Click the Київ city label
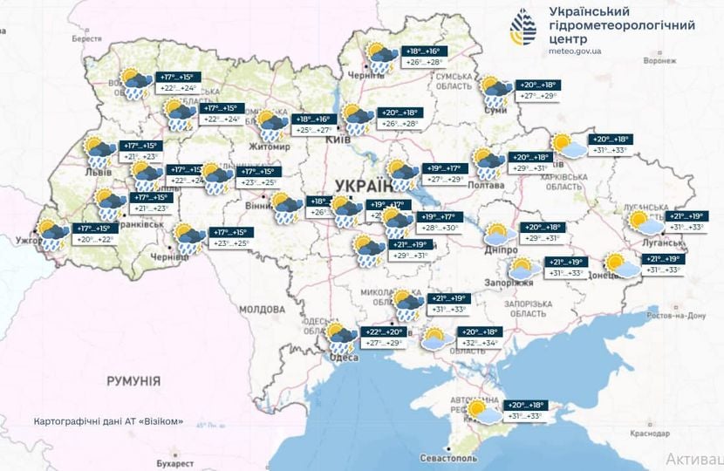tap(338, 140)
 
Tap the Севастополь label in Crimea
tap(448, 457)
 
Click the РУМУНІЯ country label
tap(133, 381)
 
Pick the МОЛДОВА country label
tap(262, 310)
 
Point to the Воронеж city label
tap(659, 61)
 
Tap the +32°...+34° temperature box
tap(478, 344)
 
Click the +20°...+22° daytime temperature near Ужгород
tap(95, 239)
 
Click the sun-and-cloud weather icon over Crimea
tap(482, 411)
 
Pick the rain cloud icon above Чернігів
tap(381, 57)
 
